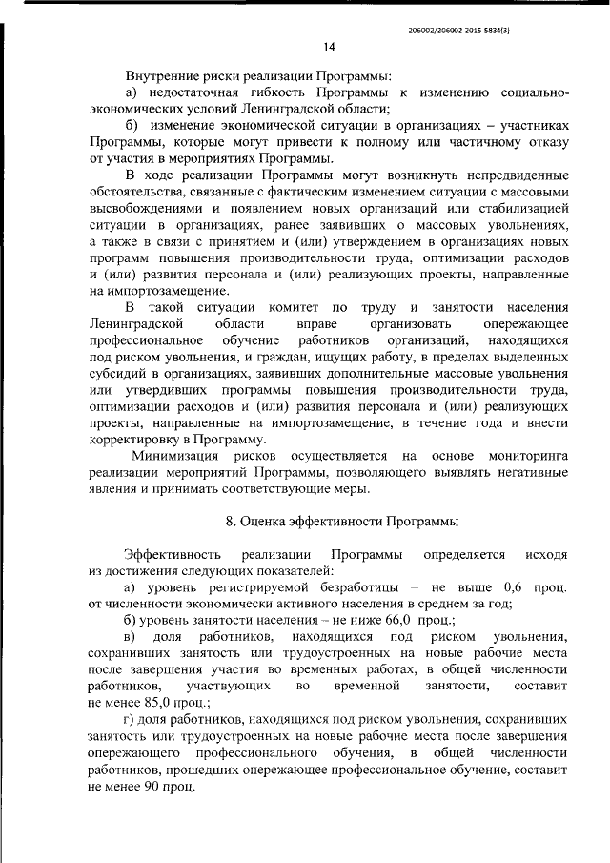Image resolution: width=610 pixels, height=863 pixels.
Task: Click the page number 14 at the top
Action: pyautogui.click(x=328, y=46)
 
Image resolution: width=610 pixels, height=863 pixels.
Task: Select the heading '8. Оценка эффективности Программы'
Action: pyautogui.click(x=342, y=522)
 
